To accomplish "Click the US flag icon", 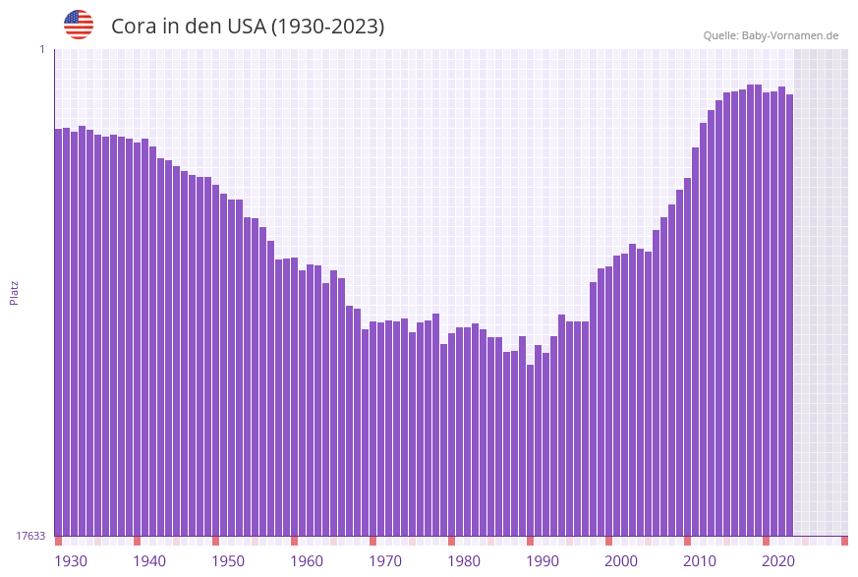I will coord(79,25).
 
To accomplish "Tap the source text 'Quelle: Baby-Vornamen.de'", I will coord(771,35).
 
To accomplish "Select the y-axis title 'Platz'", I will coord(15,292).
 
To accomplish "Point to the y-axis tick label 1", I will coord(41,49).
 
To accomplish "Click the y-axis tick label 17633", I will coord(30,536).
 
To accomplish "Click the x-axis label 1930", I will coord(71,561).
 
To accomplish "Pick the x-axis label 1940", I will coord(149,561).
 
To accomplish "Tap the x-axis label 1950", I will coord(228,561).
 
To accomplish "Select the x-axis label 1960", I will coord(307,561).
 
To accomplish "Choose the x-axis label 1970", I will coord(385,561).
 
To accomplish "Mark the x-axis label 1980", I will coord(464,561).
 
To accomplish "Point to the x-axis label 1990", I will coord(543,561).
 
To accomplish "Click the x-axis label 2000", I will coord(621,561).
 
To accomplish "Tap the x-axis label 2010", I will coord(700,561).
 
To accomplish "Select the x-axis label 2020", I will coord(778,561).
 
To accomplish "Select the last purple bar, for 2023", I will coord(789,315).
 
